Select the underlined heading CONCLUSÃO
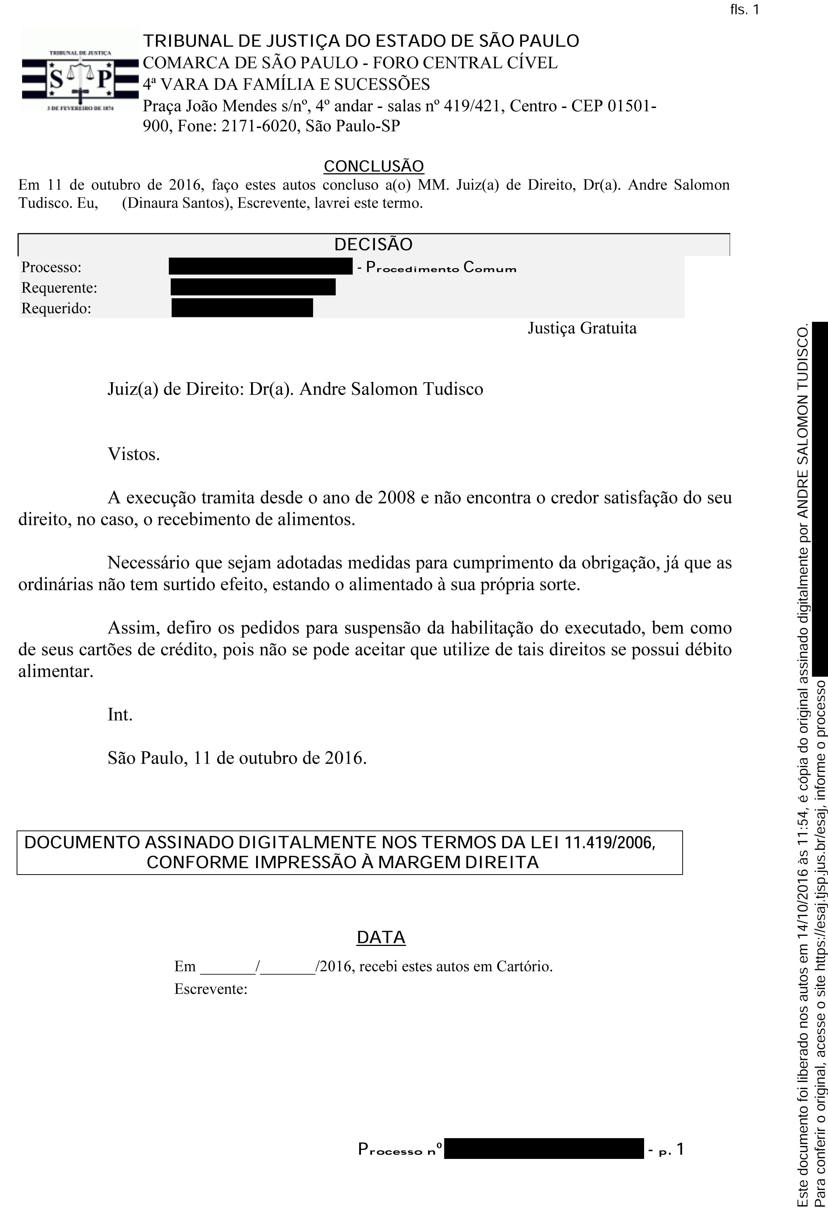tap(374, 166)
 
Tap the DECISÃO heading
tap(373, 244)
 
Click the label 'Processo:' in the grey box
tap(51, 267)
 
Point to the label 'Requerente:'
tap(59, 288)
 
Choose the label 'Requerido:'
tap(56, 309)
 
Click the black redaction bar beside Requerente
tap(253, 287)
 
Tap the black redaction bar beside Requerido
tap(242, 308)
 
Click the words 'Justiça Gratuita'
tap(582, 329)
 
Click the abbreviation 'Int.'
tap(120, 715)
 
